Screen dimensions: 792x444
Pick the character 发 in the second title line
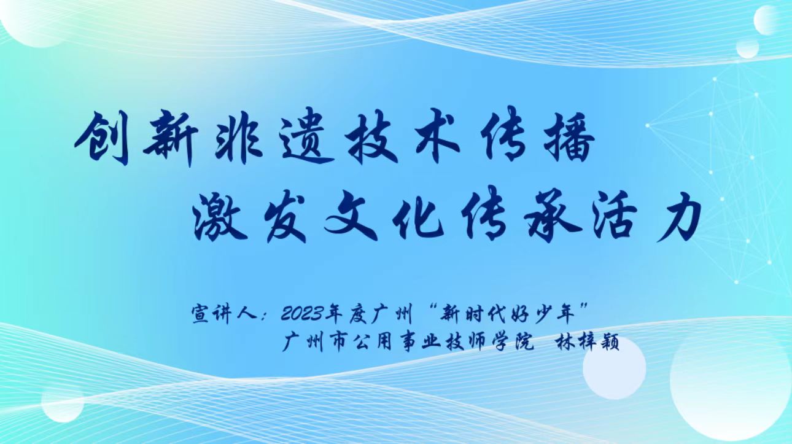coord(286,219)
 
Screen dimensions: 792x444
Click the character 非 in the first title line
coord(239,139)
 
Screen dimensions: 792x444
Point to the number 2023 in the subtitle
coord(302,314)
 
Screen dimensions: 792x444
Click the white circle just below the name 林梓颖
coord(615,368)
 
